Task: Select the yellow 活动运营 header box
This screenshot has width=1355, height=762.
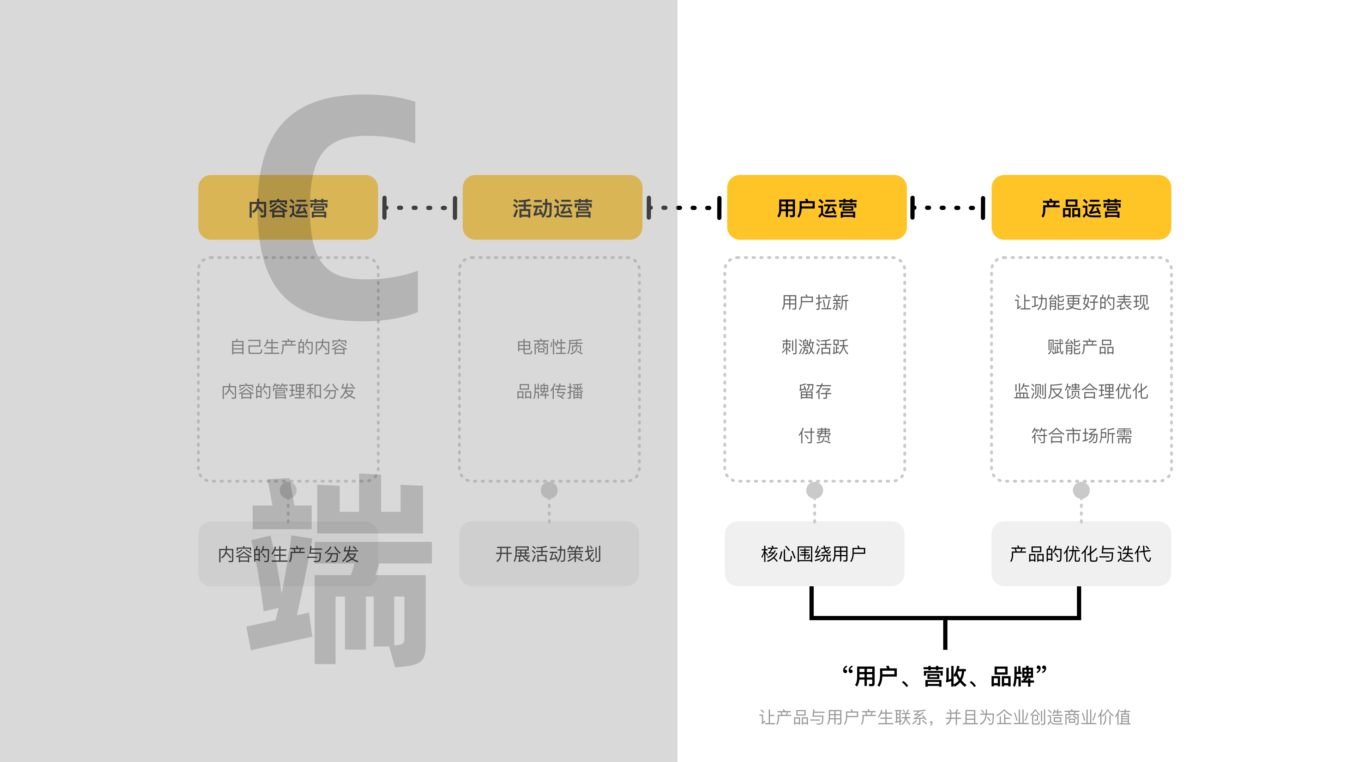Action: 552,208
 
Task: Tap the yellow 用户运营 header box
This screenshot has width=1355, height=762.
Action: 817,208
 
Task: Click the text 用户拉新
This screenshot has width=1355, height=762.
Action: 815,302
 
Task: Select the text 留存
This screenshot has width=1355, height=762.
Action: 815,391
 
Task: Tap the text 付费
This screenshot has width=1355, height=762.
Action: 815,435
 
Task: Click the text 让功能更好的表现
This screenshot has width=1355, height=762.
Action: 1082,302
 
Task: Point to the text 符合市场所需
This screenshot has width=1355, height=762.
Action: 1082,435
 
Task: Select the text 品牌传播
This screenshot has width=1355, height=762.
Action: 550,391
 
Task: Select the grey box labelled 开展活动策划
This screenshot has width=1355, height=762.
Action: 549,554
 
